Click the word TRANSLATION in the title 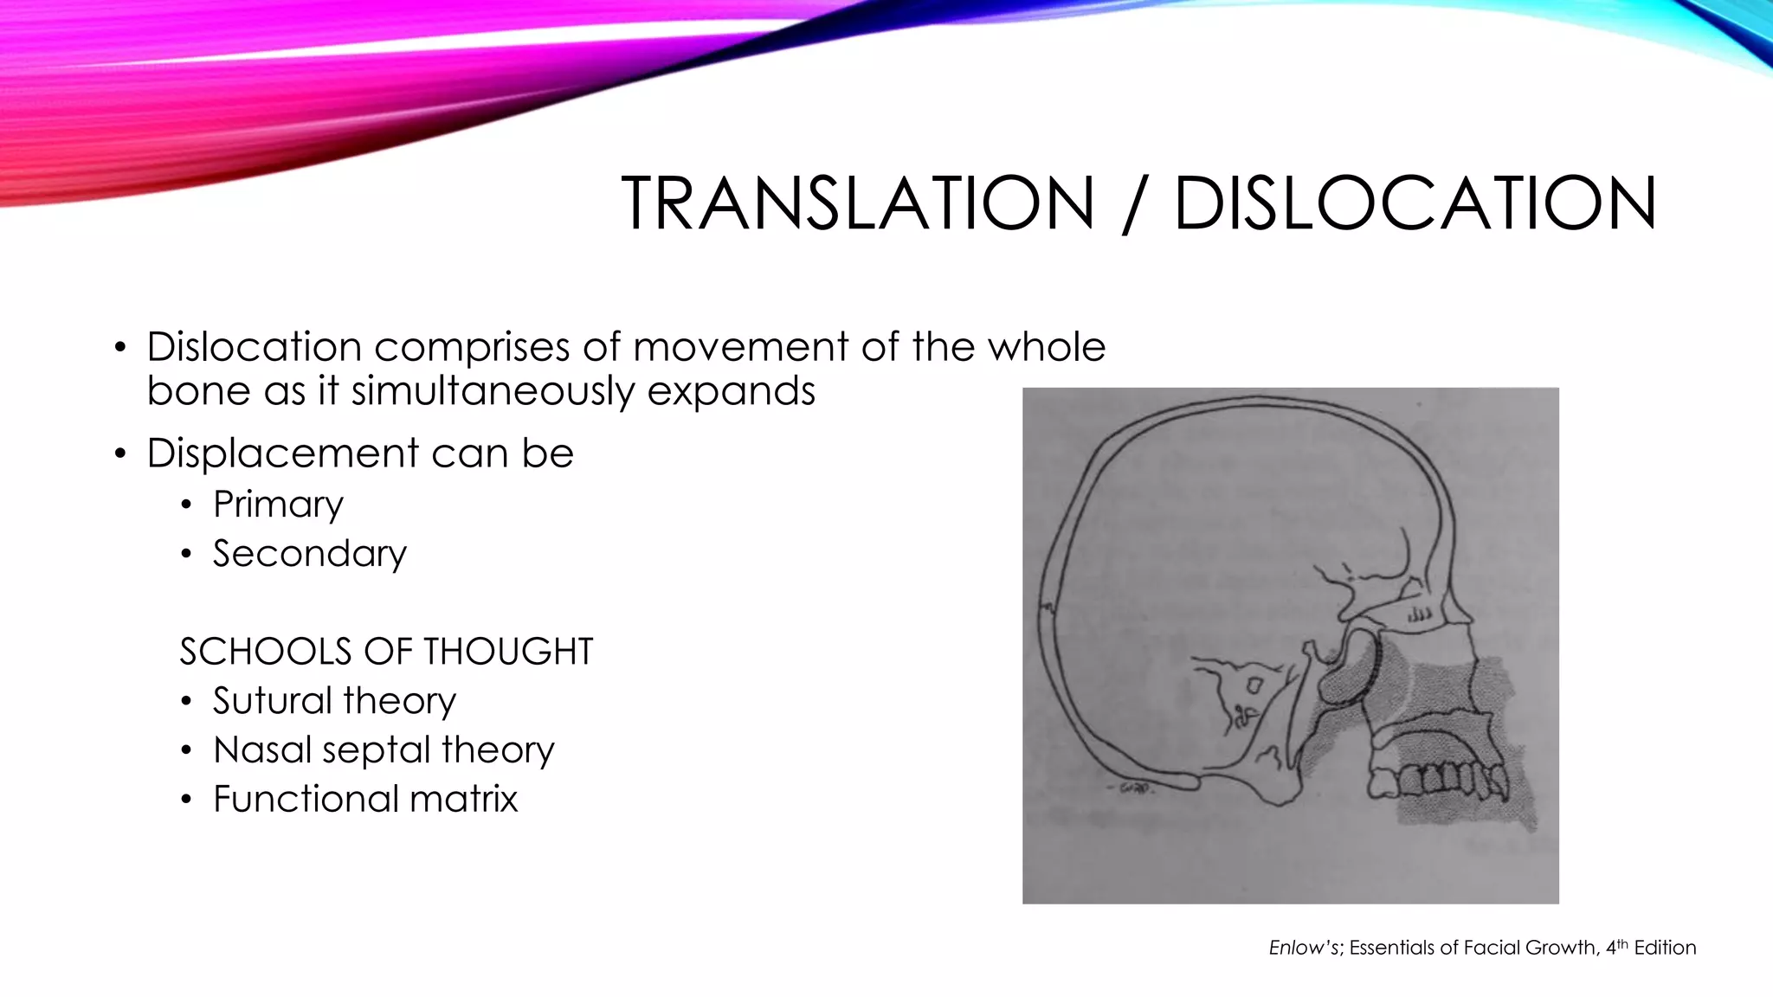pyautogui.click(x=857, y=203)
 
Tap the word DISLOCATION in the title pyautogui.click(x=1415, y=203)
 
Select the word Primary pyautogui.click(x=278, y=505)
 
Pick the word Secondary pyautogui.click(x=309, y=554)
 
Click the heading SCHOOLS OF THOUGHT pyautogui.click(x=386, y=652)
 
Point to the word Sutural pyautogui.click(x=268, y=701)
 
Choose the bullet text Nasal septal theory pyautogui.click(x=384, y=750)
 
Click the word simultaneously pyautogui.click(x=493, y=391)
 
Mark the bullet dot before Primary pyautogui.click(x=186, y=505)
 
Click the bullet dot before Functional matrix pyautogui.click(x=186, y=801)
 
